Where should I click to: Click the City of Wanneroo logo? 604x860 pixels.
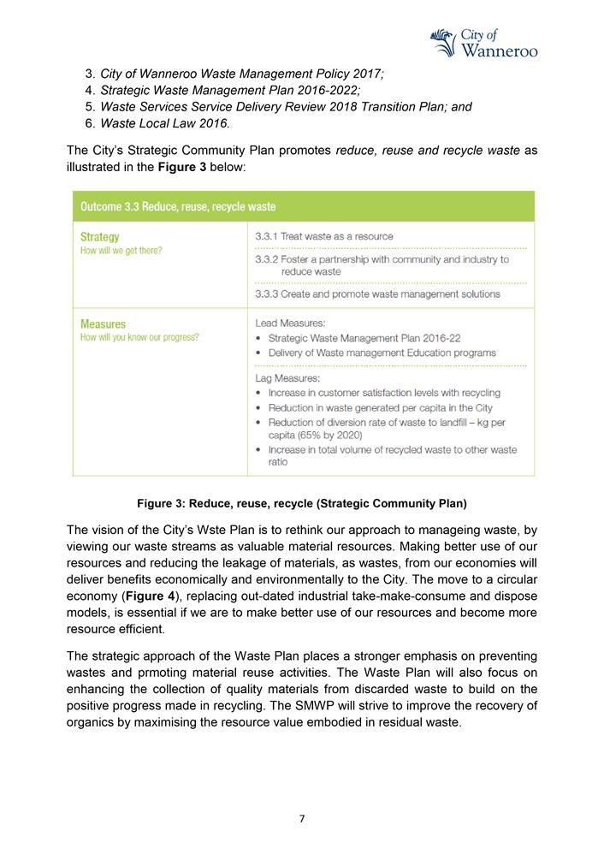(483, 42)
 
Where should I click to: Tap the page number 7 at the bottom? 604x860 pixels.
(301, 819)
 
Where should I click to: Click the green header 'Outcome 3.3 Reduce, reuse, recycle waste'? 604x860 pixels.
(177, 206)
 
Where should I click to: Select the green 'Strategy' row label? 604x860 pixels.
(100, 236)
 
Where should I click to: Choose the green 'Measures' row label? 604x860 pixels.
(103, 324)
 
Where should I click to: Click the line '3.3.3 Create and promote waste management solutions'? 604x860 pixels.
(377, 294)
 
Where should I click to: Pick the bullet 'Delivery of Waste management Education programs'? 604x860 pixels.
(382, 353)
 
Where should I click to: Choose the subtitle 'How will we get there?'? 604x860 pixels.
(121, 251)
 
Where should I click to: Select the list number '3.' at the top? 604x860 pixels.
(90, 74)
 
